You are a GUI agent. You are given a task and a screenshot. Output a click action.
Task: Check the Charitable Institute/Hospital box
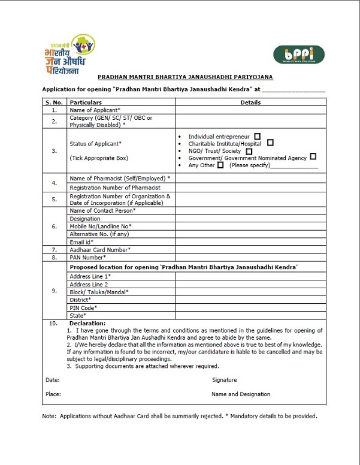271,143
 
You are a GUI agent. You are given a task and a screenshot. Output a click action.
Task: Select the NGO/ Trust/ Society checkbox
249,151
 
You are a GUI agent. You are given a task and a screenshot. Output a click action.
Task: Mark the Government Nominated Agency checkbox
313,158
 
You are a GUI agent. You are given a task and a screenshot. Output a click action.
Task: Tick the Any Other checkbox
221,165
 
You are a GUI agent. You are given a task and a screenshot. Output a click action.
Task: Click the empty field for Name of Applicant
250,110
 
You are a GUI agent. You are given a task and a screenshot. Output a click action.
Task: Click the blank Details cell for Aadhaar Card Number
250,249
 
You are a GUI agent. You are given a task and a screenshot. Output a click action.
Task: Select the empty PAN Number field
250,257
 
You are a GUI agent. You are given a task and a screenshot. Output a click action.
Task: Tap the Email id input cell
250,241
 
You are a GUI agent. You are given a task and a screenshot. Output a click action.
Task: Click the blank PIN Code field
250,307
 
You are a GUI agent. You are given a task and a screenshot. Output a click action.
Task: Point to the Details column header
250,102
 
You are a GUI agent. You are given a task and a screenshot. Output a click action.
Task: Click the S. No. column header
54,102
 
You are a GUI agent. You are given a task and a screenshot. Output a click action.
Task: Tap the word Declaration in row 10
87,324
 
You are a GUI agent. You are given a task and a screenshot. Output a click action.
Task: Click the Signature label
225,380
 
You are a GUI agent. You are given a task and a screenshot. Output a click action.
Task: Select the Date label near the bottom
52,380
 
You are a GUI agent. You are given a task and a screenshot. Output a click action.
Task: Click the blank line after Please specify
295,165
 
